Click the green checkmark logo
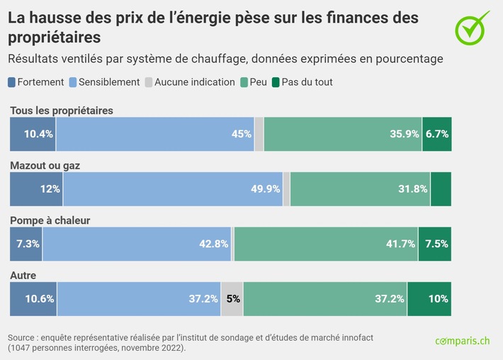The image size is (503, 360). [471, 26]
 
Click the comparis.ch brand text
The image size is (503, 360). [462, 341]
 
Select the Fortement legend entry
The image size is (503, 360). [36, 82]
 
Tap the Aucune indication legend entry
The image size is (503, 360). [189, 82]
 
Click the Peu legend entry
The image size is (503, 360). [254, 82]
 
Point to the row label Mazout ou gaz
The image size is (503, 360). [45, 165]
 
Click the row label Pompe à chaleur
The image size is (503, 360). [50, 220]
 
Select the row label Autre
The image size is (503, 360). [23, 275]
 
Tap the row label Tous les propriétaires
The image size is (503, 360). [61, 111]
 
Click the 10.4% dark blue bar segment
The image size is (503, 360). [33, 134]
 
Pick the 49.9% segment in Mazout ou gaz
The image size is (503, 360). [172, 189]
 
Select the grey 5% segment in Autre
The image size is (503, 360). [232, 298]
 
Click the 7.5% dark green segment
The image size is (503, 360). [434, 244]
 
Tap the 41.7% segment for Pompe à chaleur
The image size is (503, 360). [326, 244]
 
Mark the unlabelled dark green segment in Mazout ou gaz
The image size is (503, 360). [441, 189]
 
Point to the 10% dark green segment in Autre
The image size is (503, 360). [429, 298]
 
